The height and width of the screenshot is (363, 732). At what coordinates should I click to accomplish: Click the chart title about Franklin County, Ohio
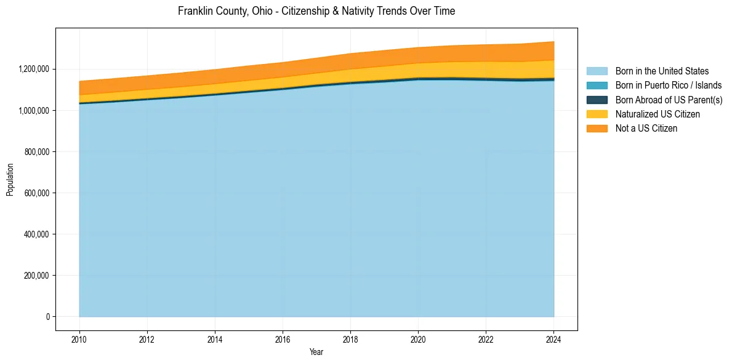click(x=316, y=11)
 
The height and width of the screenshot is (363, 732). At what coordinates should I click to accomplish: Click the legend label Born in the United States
click(x=662, y=71)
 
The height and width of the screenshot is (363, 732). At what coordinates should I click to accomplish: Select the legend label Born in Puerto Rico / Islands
click(x=669, y=86)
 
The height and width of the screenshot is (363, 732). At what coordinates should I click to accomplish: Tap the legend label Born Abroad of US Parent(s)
click(x=669, y=100)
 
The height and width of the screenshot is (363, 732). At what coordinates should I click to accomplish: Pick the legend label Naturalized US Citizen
click(x=658, y=114)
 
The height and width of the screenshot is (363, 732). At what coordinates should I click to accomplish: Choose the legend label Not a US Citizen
click(x=646, y=128)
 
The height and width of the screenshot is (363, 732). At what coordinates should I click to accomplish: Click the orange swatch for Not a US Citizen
click(x=597, y=128)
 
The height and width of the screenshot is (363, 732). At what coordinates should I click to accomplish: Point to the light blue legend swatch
click(x=597, y=71)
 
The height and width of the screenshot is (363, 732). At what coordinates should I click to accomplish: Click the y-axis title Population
click(x=10, y=180)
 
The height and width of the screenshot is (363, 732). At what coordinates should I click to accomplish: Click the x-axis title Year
click(x=316, y=353)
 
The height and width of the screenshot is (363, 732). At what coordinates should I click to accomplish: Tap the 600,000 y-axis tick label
click(x=36, y=193)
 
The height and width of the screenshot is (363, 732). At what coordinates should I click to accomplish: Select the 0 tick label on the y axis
click(x=47, y=316)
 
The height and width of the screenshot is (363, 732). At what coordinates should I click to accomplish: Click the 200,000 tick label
click(x=36, y=275)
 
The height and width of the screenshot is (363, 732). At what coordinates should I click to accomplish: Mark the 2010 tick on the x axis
click(x=79, y=339)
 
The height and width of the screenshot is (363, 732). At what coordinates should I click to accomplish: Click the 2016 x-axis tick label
click(x=283, y=339)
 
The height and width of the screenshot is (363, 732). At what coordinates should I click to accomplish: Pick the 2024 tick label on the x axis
click(x=553, y=339)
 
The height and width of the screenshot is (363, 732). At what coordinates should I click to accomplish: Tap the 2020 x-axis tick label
click(x=418, y=339)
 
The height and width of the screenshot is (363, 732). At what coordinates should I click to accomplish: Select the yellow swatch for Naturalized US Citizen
click(x=597, y=114)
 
